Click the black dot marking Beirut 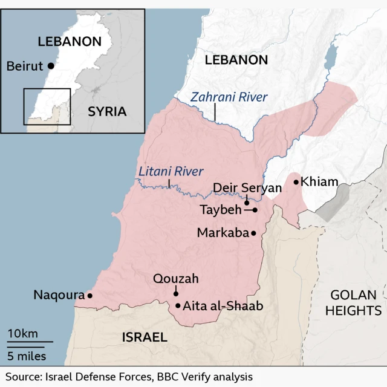(x=51, y=66)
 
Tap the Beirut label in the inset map (x=25, y=66)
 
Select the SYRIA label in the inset (x=107, y=111)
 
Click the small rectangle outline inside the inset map (x=47, y=106)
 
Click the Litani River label (x=171, y=172)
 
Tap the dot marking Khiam (x=296, y=181)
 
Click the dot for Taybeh (x=255, y=210)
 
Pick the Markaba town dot (x=253, y=233)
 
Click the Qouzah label (x=175, y=279)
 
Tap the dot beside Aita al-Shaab (x=178, y=305)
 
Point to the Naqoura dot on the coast (x=89, y=296)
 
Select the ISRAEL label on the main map (x=144, y=337)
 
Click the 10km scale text (x=23, y=334)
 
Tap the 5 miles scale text (x=27, y=356)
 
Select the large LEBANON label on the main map (x=236, y=59)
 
